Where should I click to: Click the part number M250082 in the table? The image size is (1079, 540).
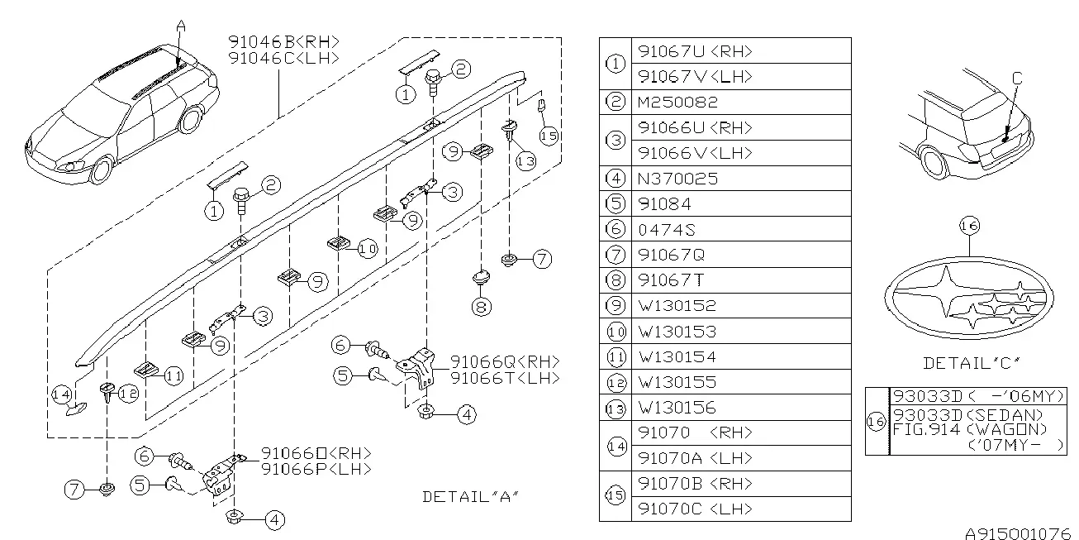click(x=677, y=103)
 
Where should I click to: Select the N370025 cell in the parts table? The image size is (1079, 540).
click(x=677, y=179)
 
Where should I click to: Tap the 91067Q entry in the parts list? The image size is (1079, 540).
click(x=671, y=255)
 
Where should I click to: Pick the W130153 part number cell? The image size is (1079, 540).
click(x=677, y=332)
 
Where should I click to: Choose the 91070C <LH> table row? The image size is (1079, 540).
click(x=695, y=509)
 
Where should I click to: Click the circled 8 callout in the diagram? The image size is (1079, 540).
click(x=482, y=307)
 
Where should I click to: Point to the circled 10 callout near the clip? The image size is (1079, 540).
click(x=368, y=249)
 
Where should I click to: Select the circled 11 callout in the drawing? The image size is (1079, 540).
click(x=173, y=376)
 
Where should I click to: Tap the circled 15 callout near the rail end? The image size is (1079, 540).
click(x=549, y=136)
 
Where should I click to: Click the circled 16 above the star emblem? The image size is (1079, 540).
click(x=969, y=226)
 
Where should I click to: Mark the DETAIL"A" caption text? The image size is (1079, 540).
click(x=471, y=497)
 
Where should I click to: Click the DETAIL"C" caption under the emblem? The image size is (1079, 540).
click(x=972, y=363)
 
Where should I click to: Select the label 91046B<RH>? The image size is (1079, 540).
click(x=283, y=42)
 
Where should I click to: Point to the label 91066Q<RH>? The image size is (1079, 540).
click(x=506, y=361)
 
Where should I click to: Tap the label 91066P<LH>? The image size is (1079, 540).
click(x=316, y=469)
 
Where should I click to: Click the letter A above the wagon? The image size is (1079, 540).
click(x=181, y=26)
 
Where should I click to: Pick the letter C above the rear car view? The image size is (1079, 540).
click(x=1017, y=78)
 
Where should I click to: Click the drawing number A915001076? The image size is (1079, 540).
click(x=1022, y=533)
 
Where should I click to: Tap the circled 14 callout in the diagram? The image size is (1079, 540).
click(x=62, y=394)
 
